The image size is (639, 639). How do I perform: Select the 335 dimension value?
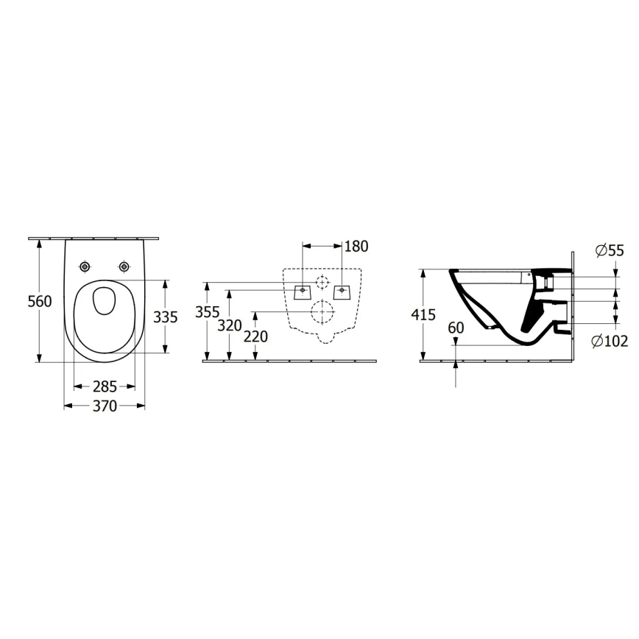(165, 317)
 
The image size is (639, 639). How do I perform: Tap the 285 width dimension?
(105, 386)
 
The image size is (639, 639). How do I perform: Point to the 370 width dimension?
(105, 406)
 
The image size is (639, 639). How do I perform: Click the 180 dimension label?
(356, 246)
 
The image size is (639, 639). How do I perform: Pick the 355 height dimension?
(208, 311)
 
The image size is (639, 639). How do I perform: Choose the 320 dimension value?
(231, 325)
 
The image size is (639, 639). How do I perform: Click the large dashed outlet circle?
(322, 312)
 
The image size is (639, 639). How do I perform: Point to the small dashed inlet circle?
(322, 282)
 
